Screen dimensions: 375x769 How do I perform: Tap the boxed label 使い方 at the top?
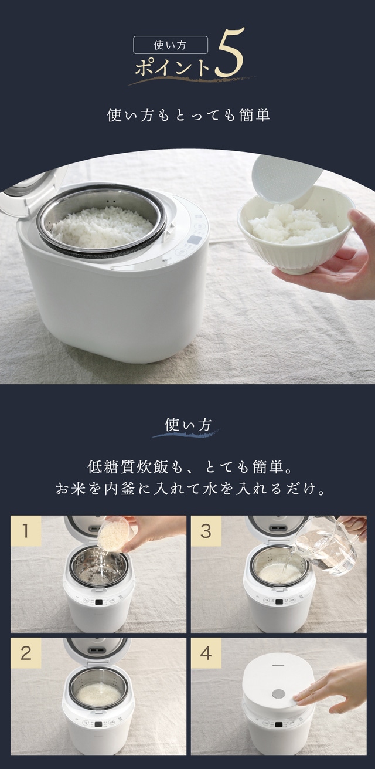[x=171, y=45]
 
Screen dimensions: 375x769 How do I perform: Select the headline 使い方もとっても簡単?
[x=188, y=115]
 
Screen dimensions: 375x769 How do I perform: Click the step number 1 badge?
[x=26, y=531]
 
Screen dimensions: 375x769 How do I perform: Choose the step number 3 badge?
[x=206, y=531]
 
